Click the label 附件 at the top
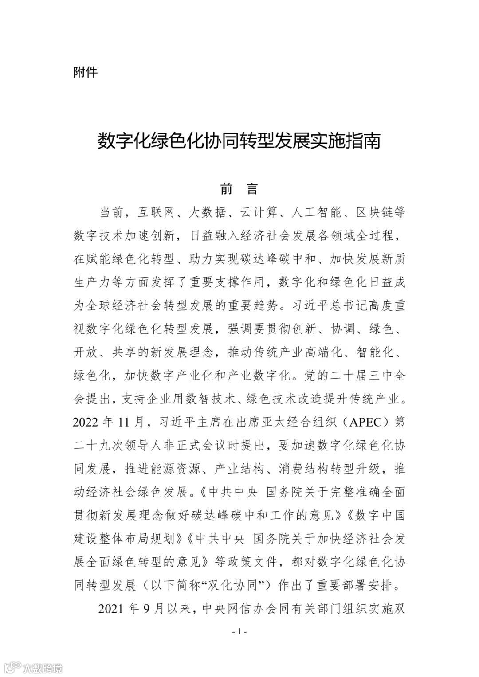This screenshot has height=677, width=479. click(85, 72)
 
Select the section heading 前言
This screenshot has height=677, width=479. click(239, 189)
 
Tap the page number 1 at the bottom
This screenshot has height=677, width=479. click(239, 631)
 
